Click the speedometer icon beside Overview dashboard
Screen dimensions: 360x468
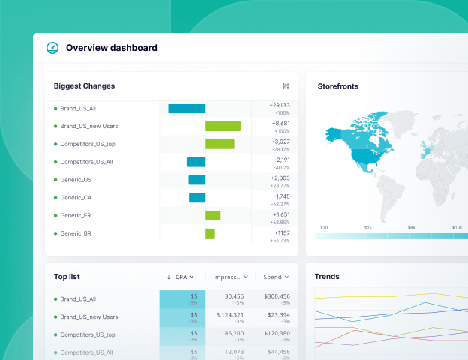click(x=52, y=48)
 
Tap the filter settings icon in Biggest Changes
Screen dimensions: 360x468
click(x=286, y=86)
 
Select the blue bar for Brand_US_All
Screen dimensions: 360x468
click(x=187, y=108)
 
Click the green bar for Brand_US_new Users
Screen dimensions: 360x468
click(x=223, y=126)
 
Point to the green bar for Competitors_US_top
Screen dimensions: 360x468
click(x=220, y=144)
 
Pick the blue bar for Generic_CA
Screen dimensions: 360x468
click(x=197, y=198)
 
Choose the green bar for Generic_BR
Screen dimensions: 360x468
click(x=210, y=233)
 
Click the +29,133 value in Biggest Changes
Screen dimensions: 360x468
click(x=280, y=105)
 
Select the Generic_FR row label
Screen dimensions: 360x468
click(x=76, y=215)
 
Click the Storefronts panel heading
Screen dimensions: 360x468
click(x=337, y=86)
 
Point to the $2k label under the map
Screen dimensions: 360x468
click(x=368, y=227)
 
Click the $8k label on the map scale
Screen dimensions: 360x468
click(x=411, y=227)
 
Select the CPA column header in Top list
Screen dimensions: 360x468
click(x=181, y=277)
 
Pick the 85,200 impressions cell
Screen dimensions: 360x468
click(x=234, y=333)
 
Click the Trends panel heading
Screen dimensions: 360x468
click(x=327, y=277)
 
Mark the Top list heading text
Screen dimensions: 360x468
click(x=67, y=277)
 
